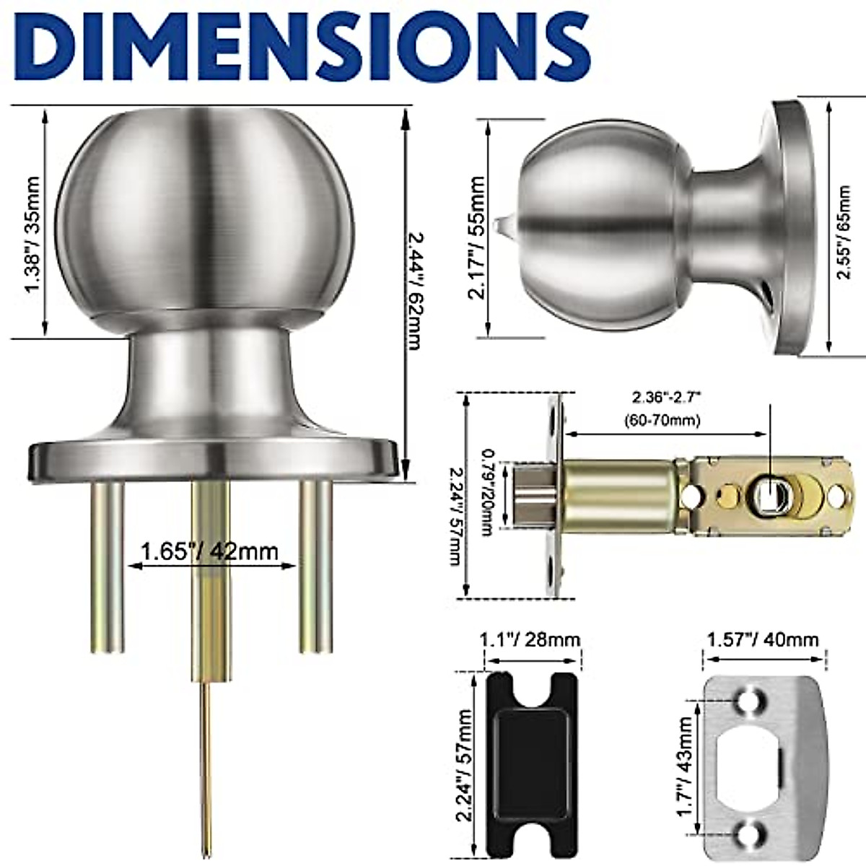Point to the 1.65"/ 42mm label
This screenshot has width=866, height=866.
(x=209, y=552)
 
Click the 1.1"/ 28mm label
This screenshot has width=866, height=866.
(x=530, y=640)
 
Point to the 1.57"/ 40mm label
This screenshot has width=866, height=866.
(x=763, y=640)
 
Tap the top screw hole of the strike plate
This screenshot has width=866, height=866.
(x=748, y=701)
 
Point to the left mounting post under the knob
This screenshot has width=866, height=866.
(x=108, y=567)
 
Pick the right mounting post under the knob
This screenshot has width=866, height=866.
(x=315, y=567)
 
